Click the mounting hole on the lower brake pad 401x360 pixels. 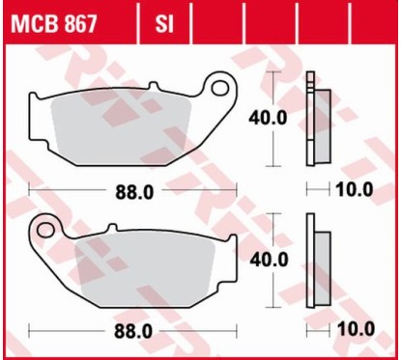[x=45, y=229]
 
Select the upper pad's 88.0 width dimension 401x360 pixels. [x=135, y=190]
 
